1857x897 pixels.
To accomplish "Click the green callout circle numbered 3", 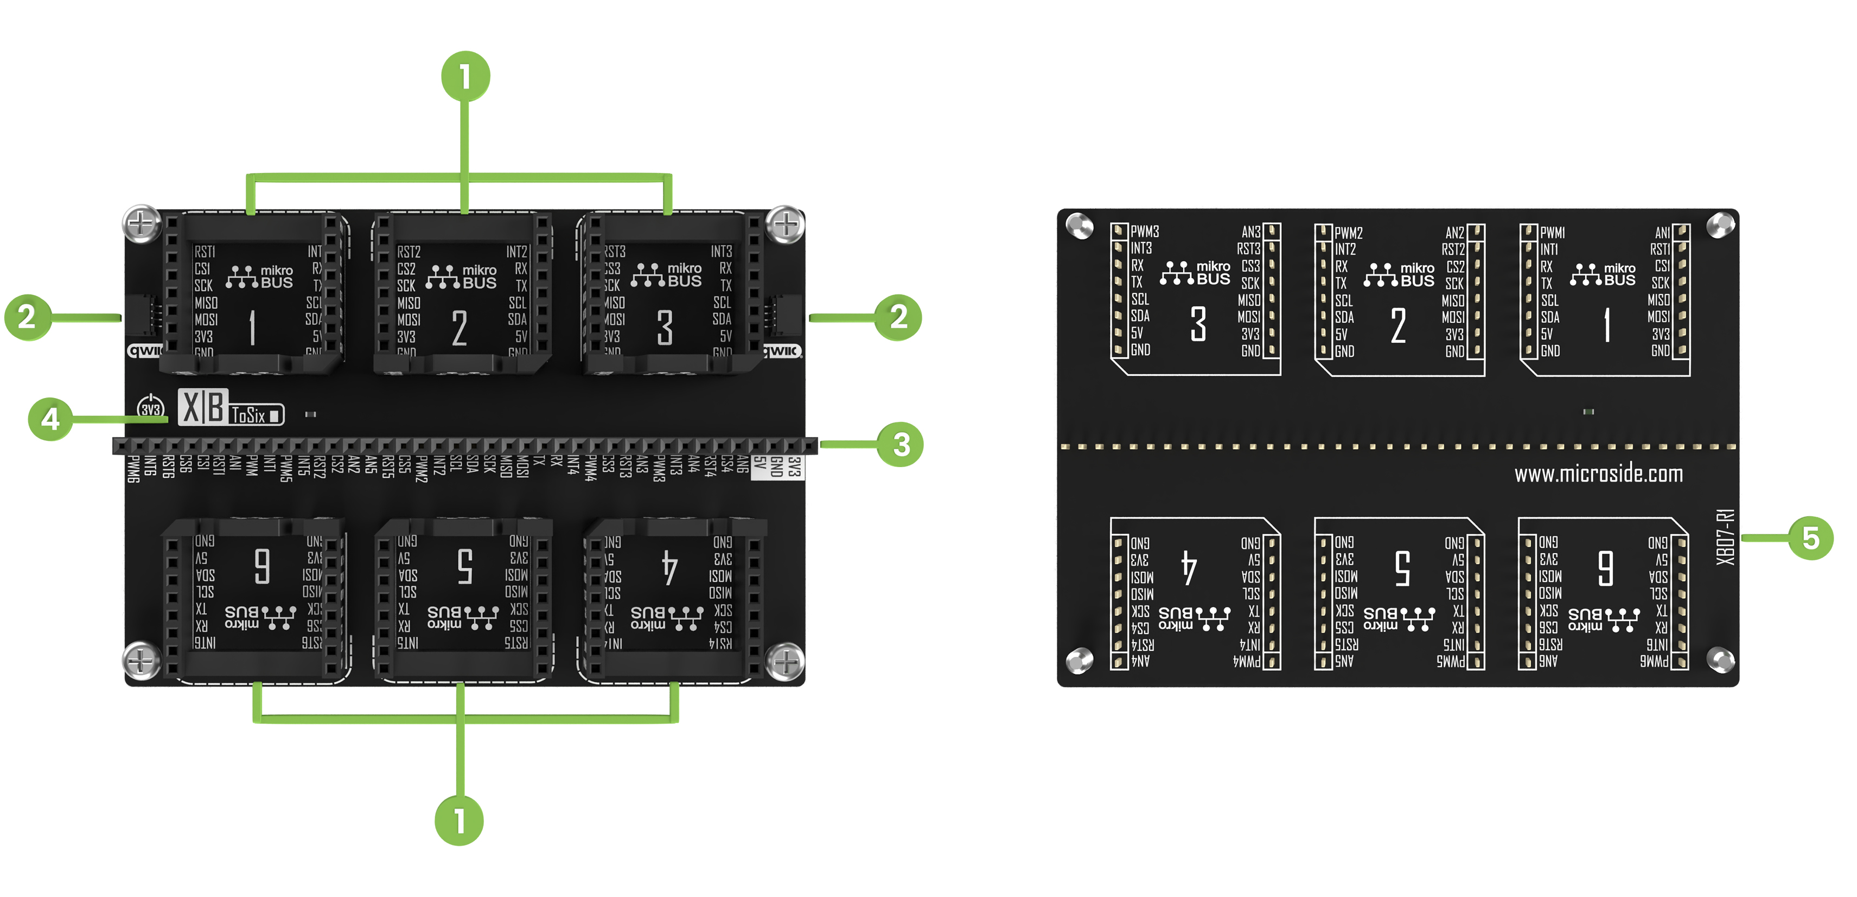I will (901, 445).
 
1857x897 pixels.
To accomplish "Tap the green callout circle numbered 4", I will (50, 419).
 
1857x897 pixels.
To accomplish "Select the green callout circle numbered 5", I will (1810, 537).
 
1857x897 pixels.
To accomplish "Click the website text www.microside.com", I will (1598, 474).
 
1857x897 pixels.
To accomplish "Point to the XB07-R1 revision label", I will (1725, 537).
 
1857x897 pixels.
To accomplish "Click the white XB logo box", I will (202, 407).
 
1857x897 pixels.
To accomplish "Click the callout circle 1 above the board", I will (465, 75).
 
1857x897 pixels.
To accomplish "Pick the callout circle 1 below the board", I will (459, 820).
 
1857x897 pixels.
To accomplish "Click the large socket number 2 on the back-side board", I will (1398, 325).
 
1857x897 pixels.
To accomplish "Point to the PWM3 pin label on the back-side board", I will (1145, 231).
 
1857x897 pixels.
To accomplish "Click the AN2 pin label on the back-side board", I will (1455, 233).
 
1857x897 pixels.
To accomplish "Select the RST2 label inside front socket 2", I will (409, 252).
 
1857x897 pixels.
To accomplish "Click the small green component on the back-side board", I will (1588, 412).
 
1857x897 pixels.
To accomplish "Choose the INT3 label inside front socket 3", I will (721, 252).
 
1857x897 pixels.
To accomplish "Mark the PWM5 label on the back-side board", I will (1451, 661).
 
